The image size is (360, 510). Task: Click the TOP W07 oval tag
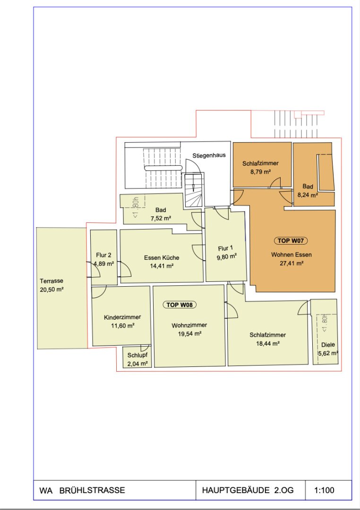(x=291, y=241)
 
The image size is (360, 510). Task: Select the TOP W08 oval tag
(x=180, y=305)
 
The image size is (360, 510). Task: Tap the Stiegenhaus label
(x=209, y=155)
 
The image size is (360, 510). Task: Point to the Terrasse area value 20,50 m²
(x=51, y=289)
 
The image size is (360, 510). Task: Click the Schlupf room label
(x=137, y=355)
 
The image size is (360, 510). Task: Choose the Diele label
(x=328, y=345)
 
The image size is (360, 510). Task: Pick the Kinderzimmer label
(x=122, y=317)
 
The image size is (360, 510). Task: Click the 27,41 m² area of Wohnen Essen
(x=291, y=263)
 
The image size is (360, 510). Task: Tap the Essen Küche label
(x=162, y=258)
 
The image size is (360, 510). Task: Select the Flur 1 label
(x=225, y=248)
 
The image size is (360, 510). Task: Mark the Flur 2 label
(x=103, y=255)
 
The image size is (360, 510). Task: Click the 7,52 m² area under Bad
(x=161, y=219)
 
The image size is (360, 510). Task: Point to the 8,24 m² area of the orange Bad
(x=308, y=195)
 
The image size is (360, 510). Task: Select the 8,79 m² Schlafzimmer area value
(x=261, y=171)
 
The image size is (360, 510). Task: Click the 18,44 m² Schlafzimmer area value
(x=267, y=343)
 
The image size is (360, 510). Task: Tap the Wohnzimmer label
(x=189, y=325)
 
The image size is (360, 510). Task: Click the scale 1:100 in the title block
(x=324, y=490)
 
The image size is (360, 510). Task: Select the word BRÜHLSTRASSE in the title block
(x=92, y=490)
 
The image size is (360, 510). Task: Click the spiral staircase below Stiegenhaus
(x=194, y=190)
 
